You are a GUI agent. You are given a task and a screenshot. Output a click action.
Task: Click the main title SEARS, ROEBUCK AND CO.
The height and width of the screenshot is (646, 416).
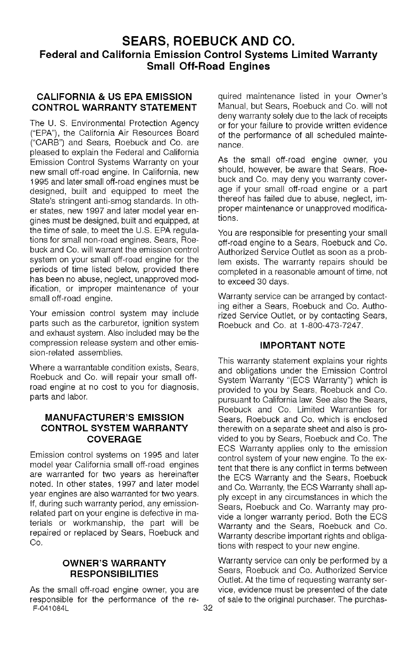209,41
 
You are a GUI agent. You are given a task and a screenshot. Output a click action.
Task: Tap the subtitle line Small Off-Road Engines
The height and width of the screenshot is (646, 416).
209,67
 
